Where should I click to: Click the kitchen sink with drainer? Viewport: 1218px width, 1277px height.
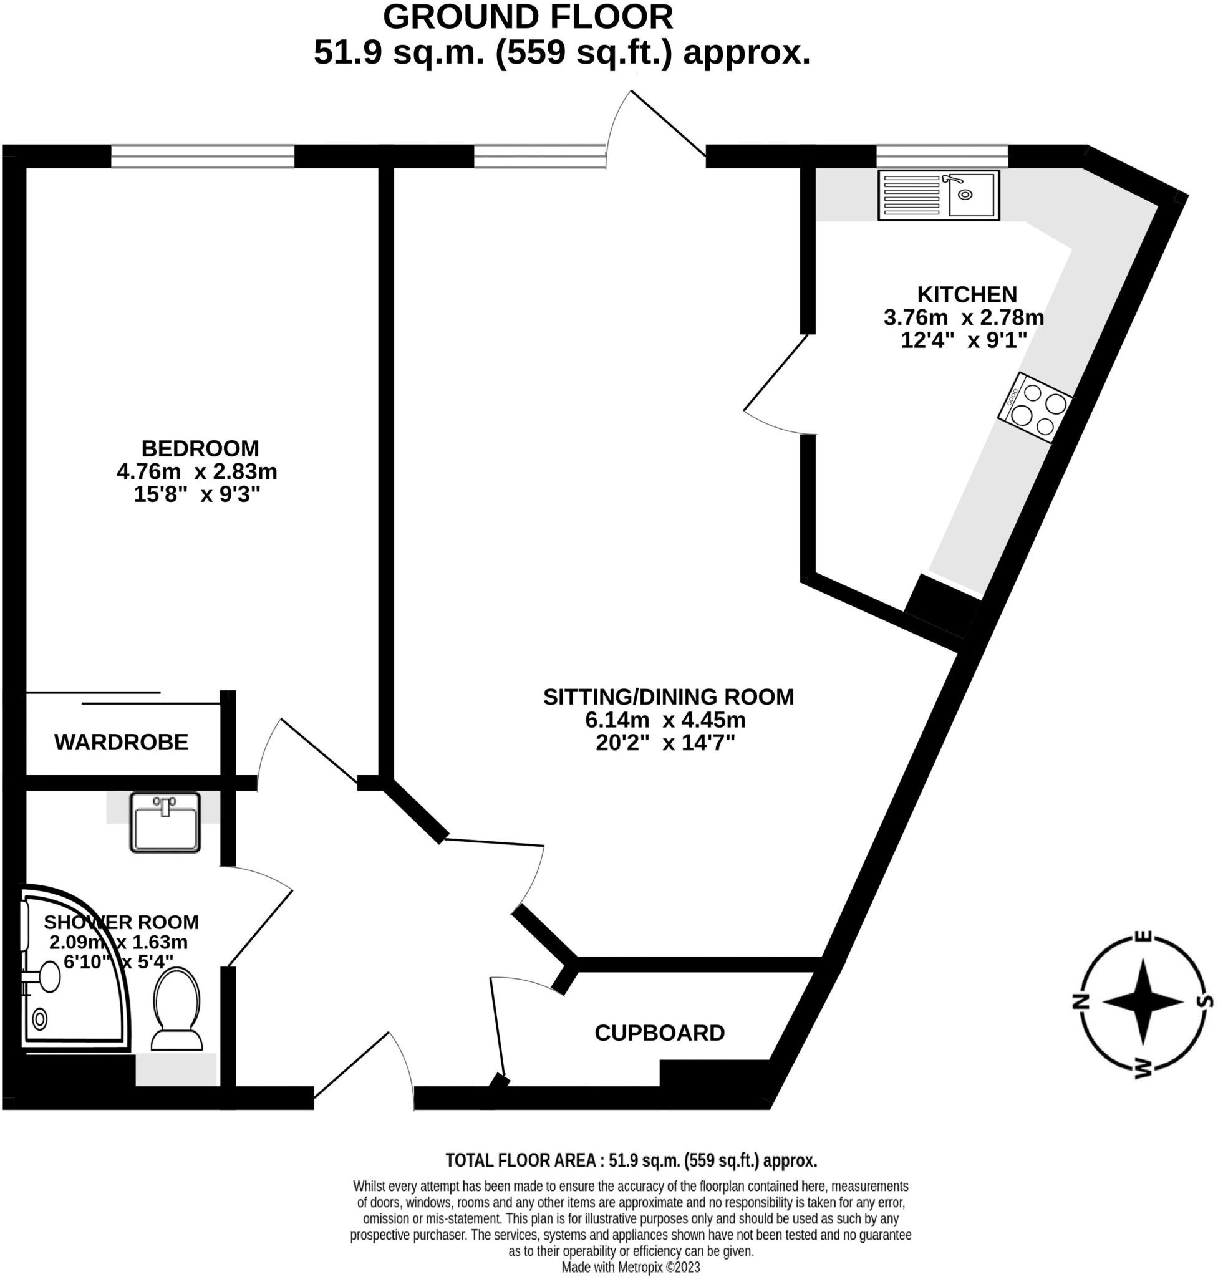point(938,195)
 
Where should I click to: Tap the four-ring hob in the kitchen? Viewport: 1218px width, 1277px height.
point(1035,408)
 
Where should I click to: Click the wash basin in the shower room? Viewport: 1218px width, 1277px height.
point(165,822)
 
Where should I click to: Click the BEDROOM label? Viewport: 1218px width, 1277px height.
point(200,448)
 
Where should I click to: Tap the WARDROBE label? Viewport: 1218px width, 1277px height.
point(122,742)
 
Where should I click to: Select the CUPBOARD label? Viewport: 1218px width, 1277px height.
point(659,1033)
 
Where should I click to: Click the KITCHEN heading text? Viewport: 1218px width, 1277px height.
point(966,294)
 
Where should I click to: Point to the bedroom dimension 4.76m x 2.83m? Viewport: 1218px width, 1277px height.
point(196,471)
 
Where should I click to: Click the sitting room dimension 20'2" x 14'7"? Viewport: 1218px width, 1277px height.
point(665,743)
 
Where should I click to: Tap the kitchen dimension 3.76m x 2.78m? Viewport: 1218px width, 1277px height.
point(964,317)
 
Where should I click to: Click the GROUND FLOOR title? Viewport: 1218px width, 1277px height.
point(527,17)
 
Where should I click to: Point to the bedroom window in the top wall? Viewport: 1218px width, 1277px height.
point(203,157)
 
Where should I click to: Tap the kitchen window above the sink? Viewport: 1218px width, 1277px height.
point(942,157)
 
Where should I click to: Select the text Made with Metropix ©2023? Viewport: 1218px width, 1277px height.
point(631,1266)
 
